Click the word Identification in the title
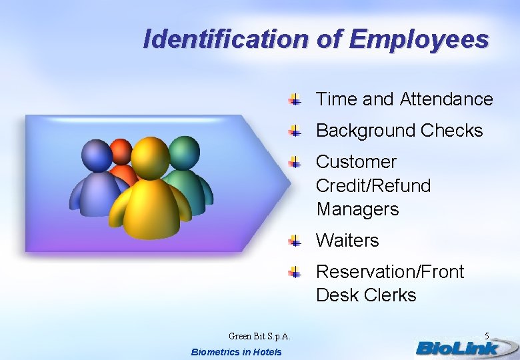[x=225, y=39]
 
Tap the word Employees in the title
[x=419, y=39]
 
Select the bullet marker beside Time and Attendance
[x=295, y=100]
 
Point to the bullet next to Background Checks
[x=295, y=131]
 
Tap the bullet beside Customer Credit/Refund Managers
[x=295, y=163]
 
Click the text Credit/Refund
[x=373, y=185]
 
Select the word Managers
[x=357, y=209]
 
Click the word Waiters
[x=347, y=240]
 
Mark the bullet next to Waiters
[x=295, y=241]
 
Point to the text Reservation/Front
[x=390, y=272]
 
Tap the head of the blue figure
[x=97, y=156]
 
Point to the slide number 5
[x=487, y=336]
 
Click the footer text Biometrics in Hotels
[x=236, y=352]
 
